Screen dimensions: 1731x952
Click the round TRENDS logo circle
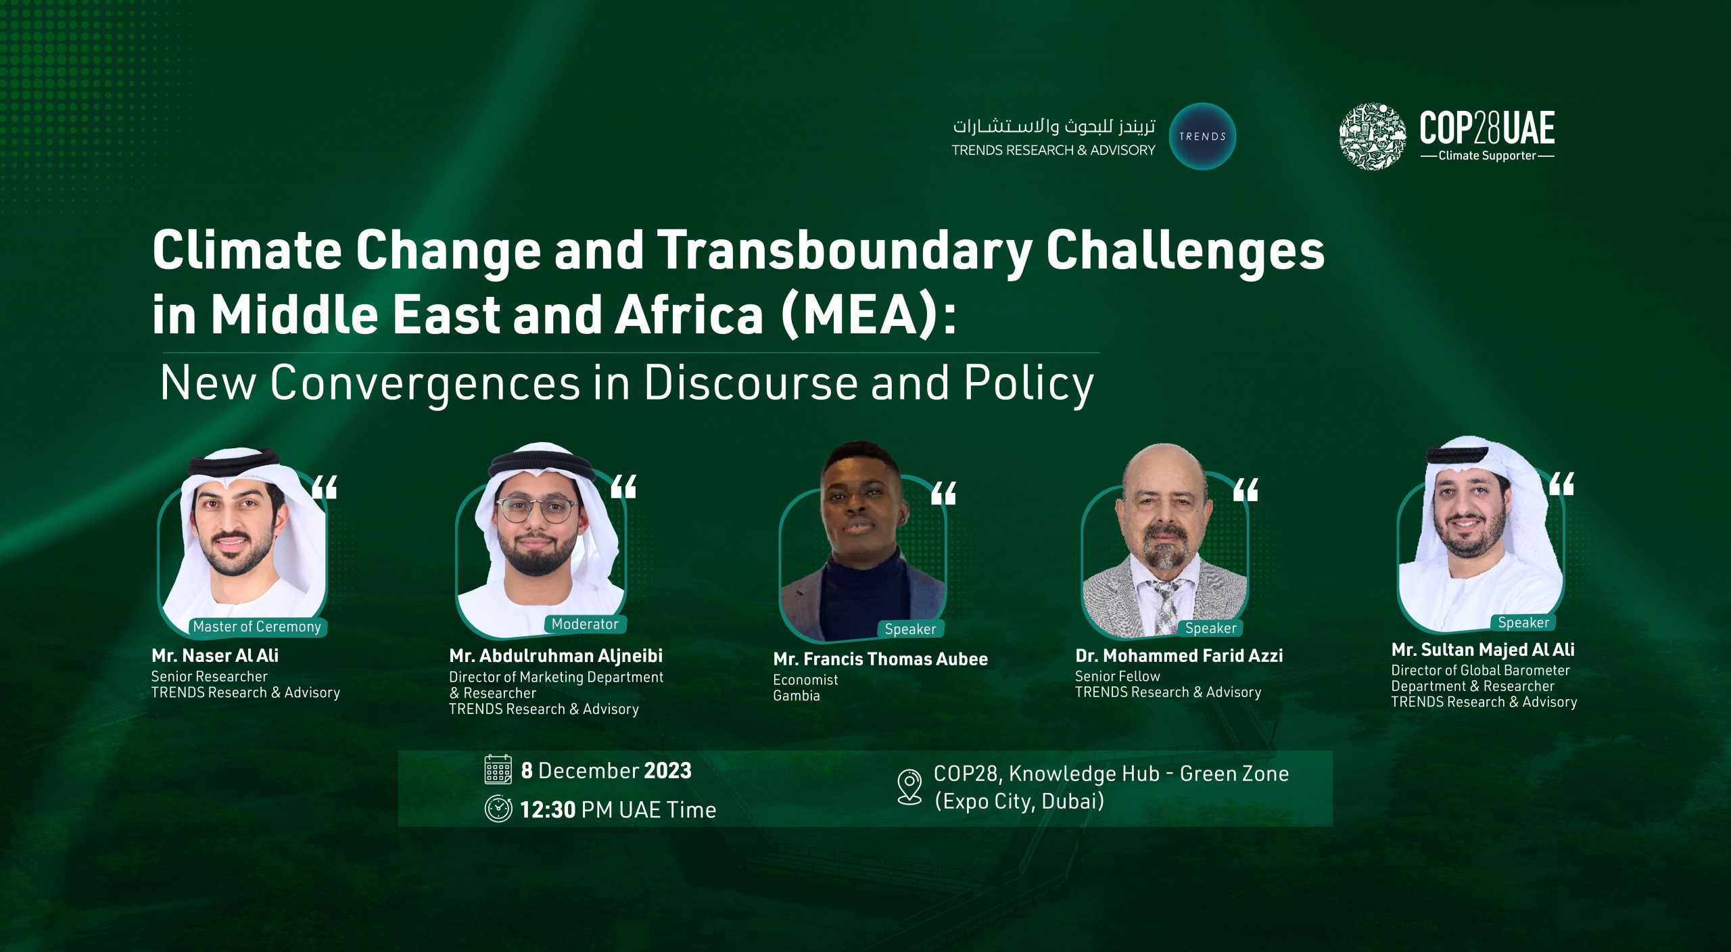tap(1202, 136)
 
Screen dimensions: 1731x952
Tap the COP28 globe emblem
tap(1373, 136)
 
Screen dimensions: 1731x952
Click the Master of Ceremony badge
tap(257, 627)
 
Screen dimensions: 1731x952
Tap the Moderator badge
tap(585, 624)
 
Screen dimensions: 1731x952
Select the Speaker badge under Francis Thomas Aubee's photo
tap(910, 629)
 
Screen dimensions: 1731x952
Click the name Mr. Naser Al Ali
tap(215, 655)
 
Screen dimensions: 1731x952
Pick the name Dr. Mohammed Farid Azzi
tap(1179, 655)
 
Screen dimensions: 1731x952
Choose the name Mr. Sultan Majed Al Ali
tap(1483, 650)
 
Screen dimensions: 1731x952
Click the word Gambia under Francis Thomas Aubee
tap(797, 696)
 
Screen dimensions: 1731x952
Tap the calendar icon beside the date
tap(498, 769)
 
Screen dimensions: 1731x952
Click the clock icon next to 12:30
tap(498, 809)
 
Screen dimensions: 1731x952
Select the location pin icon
tap(909, 787)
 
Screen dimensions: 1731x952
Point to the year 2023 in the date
tap(667, 771)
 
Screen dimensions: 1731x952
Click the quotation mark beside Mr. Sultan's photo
tap(1562, 484)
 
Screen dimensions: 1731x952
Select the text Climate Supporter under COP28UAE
tap(1488, 156)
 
